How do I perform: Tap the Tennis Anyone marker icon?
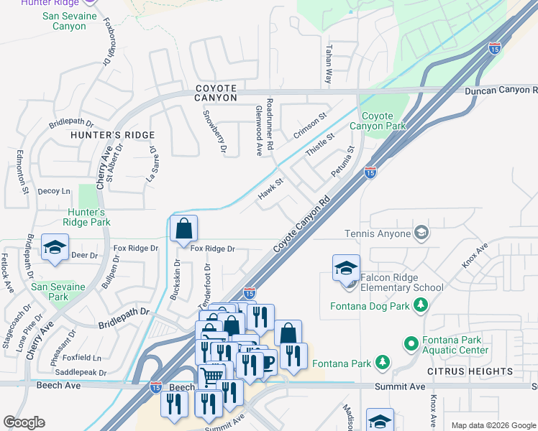point(421,233)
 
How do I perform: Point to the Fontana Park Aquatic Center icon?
point(411,344)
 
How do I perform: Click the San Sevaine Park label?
point(58,292)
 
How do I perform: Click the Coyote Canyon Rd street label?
point(301,224)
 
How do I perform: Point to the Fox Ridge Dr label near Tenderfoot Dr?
point(213,249)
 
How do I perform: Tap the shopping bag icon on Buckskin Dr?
point(184,229)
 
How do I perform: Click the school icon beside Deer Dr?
point(54,248)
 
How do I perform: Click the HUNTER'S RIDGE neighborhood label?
point(112,135)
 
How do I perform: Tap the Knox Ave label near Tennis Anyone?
point(475,255)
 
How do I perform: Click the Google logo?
point(24,422)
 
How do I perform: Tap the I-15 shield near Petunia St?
point(370,172)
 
